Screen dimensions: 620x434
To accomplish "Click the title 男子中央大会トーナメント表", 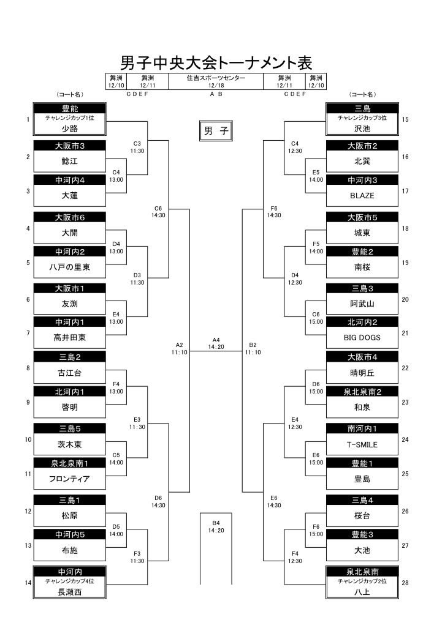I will [216, 62].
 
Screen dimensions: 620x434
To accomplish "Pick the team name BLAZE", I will [362, 196].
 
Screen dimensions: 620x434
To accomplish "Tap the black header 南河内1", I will [362, 429].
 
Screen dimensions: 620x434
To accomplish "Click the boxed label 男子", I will [216, 131].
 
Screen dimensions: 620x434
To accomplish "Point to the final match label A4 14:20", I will [216, 343].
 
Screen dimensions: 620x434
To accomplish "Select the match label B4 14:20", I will [216, 526].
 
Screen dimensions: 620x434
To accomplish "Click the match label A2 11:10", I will [179, 348].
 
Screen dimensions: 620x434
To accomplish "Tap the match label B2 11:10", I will [253, 348].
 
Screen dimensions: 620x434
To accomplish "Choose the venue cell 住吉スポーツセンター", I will [216, 78].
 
